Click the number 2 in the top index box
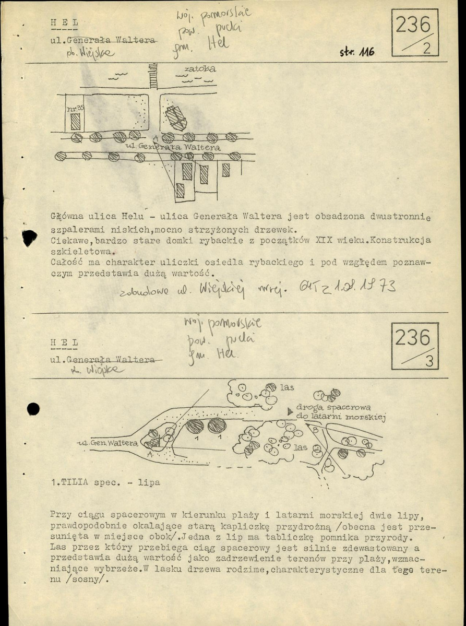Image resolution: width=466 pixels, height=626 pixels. point(426,49)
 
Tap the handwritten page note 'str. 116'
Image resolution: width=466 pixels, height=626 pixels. point(357,52)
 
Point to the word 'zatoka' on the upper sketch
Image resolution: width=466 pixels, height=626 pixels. point(200,68)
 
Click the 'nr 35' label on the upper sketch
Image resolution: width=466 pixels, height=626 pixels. point(76,108)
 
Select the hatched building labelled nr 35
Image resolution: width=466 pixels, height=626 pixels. point(76,122)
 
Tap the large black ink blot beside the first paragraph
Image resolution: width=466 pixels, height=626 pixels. point(29,238)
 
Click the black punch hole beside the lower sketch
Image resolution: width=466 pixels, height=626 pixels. point(33,409)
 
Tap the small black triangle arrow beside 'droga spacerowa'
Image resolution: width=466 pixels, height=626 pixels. point(290,411)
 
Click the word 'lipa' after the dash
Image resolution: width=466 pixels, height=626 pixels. point(149,483)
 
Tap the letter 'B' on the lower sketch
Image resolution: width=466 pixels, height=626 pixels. point(315,430)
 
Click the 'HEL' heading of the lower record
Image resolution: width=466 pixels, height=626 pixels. point(65,342)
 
